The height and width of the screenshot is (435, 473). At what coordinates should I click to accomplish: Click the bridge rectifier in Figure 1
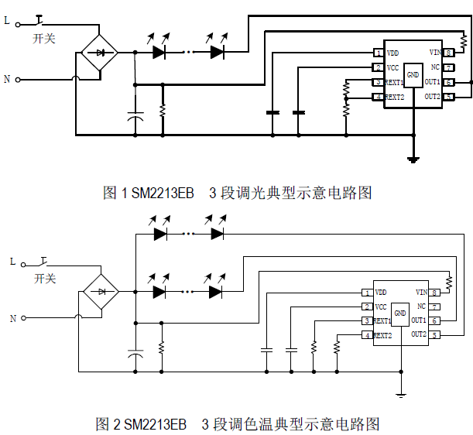(x=99, y=53)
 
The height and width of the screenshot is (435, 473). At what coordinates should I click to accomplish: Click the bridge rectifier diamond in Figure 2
(x=101, y=292)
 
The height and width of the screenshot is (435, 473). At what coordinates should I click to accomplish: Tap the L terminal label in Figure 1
(x=8, y=22)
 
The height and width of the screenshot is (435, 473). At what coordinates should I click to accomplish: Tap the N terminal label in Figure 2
(x=12, y=318)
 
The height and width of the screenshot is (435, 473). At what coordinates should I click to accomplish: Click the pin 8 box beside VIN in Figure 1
(x=448, y=52)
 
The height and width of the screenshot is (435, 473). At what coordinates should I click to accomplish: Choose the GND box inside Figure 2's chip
(x=400, y=313)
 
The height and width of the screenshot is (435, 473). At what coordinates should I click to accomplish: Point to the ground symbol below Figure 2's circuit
(x=401, y=395)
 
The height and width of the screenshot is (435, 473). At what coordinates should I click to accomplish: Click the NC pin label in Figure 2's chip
(x=422, y=307)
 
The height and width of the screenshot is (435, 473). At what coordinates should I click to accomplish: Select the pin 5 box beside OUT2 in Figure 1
(x=448, y=97)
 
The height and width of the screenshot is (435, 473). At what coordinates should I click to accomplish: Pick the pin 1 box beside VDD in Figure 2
(x=366, y=293)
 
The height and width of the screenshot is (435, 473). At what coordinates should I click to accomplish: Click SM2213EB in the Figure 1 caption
(x=163, y=193)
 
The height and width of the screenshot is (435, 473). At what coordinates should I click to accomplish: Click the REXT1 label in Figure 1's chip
(x=394, y=82)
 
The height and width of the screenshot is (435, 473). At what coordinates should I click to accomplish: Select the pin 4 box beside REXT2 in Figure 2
(x=366, y=335)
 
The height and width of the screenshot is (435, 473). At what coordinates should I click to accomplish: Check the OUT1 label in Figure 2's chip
(x=419, y=320)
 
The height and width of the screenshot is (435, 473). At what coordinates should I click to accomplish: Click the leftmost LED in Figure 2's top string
(x=160, y=232)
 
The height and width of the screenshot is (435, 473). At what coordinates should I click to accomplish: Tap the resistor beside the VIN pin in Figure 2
(x=448, y=279)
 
